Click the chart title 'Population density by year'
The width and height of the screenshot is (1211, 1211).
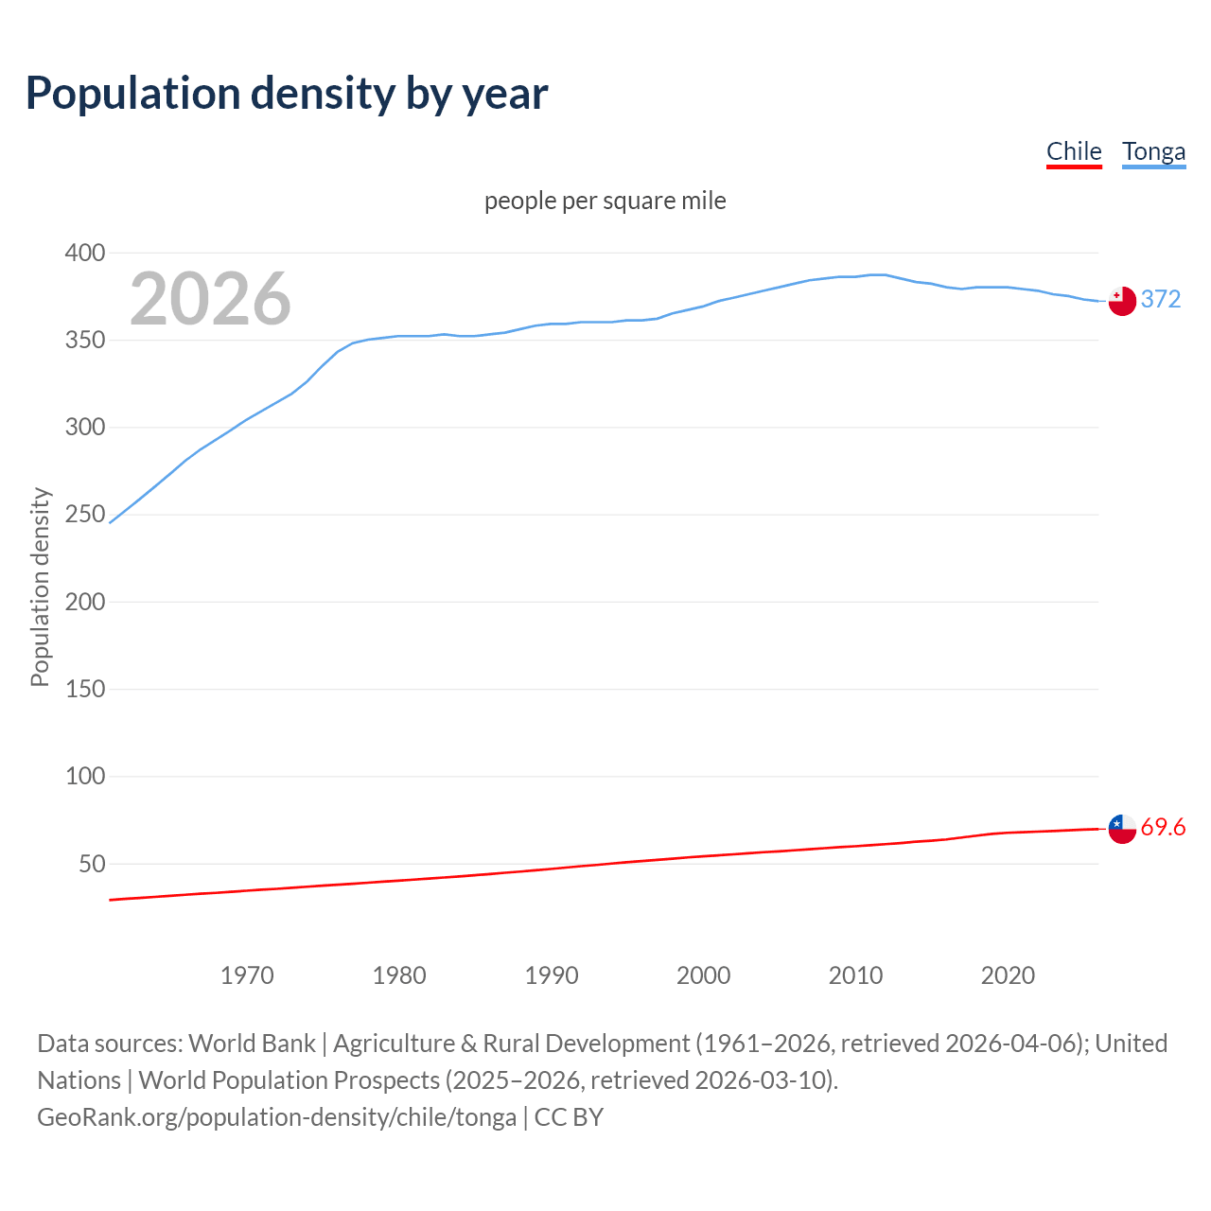click(287, 94)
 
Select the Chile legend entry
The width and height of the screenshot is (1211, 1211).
click(1074, 152)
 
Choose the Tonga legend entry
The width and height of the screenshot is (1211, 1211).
click(1153, 152)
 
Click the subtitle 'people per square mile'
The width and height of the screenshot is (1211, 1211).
click(605, 202)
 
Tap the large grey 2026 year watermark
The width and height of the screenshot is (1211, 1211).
click(210, 299)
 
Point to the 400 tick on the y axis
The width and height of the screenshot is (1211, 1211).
click(84, 253)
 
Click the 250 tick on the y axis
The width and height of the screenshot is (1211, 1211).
click(84, 515)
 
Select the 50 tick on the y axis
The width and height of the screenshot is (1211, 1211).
click(91, 864)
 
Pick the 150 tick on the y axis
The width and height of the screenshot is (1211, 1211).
click(84, 689)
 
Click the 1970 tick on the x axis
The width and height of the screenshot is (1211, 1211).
click(247, 975)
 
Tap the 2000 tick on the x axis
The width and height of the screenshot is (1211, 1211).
click(703, 975)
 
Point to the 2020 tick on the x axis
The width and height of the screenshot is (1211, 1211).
click(1008, 975)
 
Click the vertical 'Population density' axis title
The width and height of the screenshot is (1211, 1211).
click(40, 587)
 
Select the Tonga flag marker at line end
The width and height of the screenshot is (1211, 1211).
click(1121, 301)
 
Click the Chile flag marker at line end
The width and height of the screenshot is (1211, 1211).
click(1121, 829)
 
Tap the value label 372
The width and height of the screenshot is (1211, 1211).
click(1161, 300)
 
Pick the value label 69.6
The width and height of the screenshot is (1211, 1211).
click(1163, 828)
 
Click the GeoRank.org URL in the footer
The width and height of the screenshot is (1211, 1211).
click(276, 1117)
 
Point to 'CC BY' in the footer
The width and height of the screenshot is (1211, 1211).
click(569, 1117)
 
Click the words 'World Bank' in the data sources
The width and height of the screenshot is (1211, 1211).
click(252, 1044)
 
